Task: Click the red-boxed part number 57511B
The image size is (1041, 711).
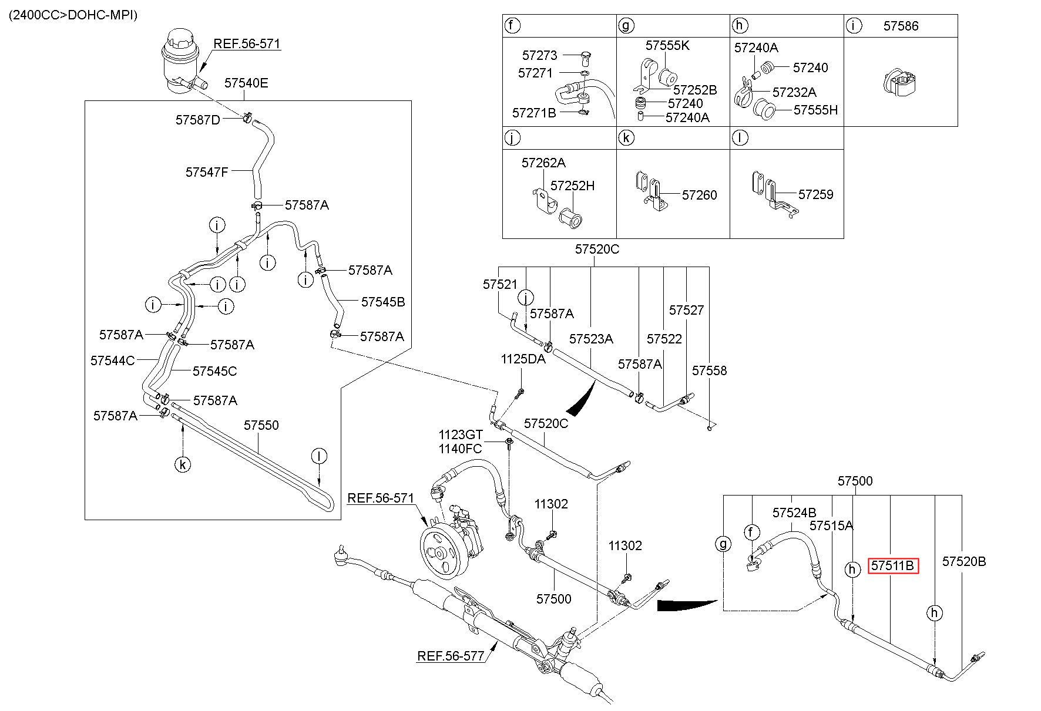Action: (893, 565)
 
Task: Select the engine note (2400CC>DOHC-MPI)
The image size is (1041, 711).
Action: (73, 15)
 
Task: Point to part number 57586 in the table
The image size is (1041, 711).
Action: (901, 26)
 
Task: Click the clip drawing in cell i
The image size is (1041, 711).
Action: (901, 82)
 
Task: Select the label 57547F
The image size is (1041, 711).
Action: (206, 172)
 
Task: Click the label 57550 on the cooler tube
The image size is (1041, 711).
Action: (261, 424)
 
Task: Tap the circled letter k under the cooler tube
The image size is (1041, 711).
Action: (183, 465)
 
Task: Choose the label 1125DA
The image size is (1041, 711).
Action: (523, 359)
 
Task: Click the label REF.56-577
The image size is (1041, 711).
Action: (451, 656)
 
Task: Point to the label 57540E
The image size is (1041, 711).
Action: (246, 83)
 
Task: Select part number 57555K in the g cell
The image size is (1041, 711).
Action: (667, 45)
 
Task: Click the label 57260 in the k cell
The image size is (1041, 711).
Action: (699, 195)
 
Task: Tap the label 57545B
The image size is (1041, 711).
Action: (383, 302)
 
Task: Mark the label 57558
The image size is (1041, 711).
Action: (709, 370)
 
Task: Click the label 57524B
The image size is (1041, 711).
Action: (794, 513)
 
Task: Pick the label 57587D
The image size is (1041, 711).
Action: (197, 120)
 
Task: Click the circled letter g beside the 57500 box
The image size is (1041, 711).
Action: (723, 544)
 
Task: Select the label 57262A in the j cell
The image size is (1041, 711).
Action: (543, 163)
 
